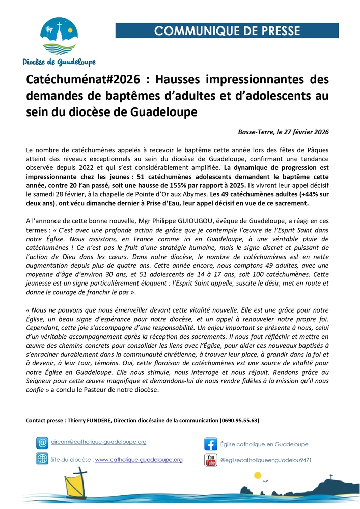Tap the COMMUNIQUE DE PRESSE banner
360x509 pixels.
227,31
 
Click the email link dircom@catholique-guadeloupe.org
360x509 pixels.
99,442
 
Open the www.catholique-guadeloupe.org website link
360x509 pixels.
139,459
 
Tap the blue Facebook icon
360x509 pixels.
211,444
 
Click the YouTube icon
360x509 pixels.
210,460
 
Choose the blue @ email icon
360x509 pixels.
42,443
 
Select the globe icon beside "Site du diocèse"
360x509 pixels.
42,459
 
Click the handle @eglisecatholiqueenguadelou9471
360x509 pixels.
265,460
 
